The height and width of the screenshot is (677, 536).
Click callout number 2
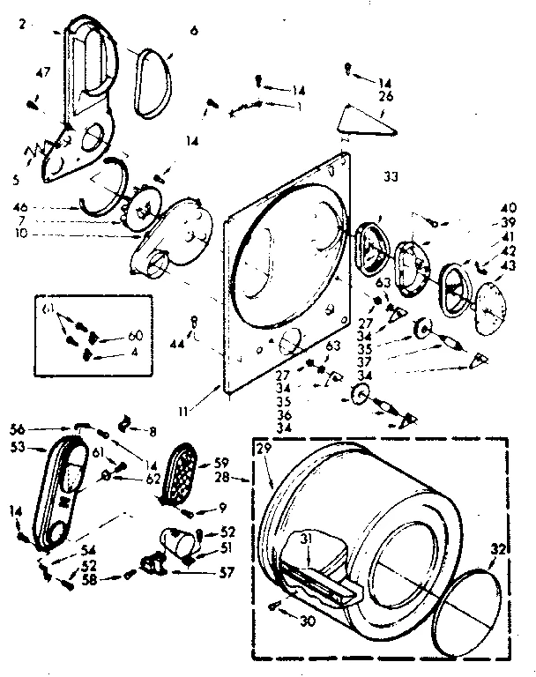click(x=20, y=24)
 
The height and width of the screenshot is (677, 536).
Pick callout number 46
click(x=20, y=209)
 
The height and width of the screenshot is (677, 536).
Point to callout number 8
click(x=152, y=432)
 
